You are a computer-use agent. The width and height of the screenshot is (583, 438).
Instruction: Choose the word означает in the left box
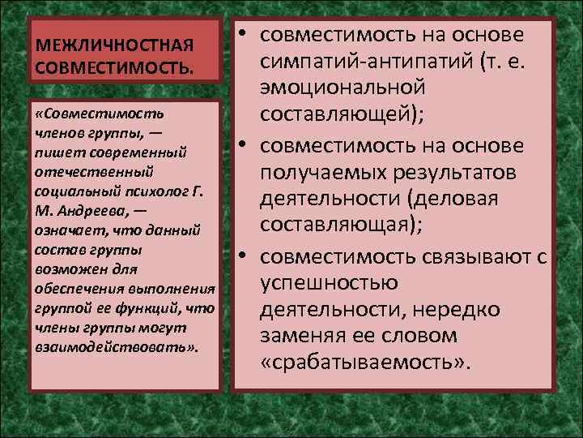68,231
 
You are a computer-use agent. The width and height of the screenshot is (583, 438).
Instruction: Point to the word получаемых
335,173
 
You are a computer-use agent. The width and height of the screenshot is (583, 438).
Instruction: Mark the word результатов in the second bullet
469,173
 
